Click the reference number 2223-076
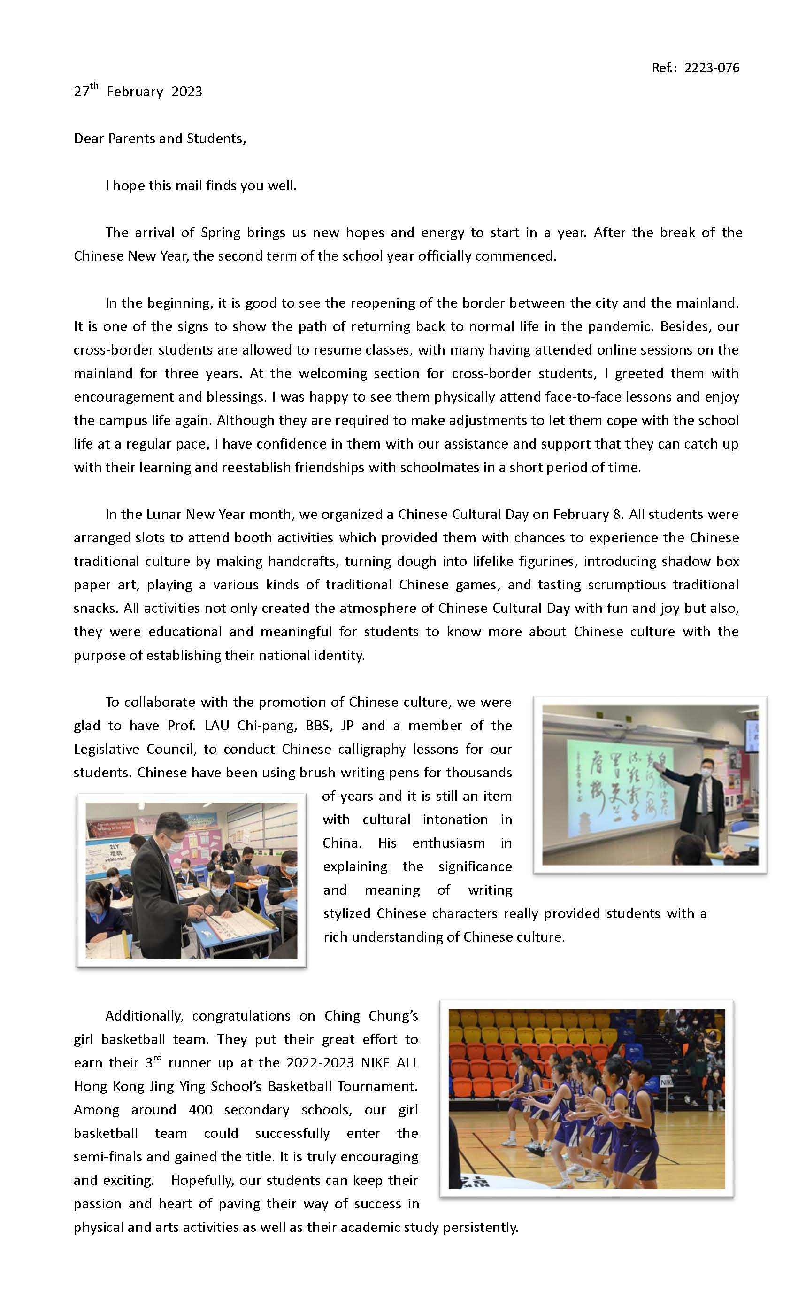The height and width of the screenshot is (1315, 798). click(712, 68)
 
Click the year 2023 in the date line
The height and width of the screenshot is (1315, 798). click(187, 92)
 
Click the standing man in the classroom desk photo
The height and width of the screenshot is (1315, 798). click(160, 875)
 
